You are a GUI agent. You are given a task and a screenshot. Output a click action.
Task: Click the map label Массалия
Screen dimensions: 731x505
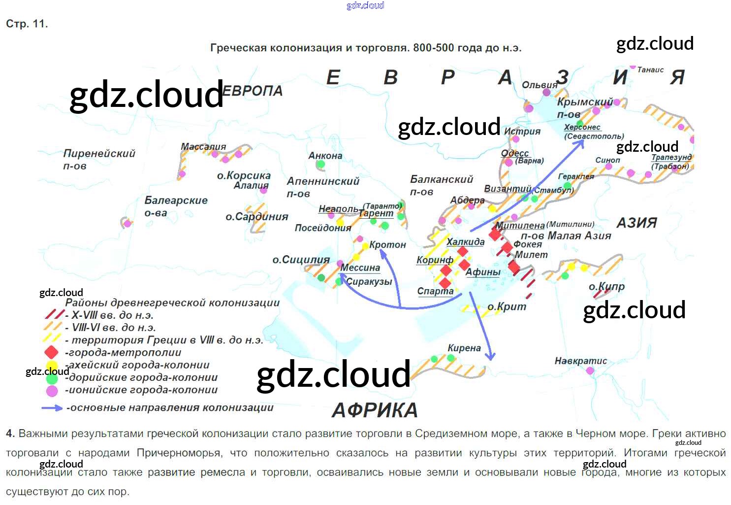click(x=203, y=146)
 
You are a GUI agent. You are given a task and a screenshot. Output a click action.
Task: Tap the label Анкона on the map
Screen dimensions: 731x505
click(x=325, y=156)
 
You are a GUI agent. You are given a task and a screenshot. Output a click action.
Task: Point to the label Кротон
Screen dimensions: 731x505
click(x=387, y=245)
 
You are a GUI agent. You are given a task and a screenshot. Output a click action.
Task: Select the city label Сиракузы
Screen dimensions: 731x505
click(x=369, y=282)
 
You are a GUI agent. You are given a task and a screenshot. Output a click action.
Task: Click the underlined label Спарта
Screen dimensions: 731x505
click(x=435, y=291)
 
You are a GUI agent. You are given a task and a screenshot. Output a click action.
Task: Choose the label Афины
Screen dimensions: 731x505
click(x=483, y=272)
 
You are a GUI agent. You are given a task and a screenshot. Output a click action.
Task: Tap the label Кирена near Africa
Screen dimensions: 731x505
click(x=464, y=348)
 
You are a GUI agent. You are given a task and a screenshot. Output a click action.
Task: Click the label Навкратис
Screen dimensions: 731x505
click(x=580, y=361)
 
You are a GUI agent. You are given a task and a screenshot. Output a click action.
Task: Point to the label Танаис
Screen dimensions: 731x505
click(x=650, y=70)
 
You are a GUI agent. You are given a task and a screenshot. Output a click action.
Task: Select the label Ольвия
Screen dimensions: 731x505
click(x=540, y=85)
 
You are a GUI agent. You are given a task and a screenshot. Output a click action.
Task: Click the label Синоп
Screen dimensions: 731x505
click(x=607, y=160)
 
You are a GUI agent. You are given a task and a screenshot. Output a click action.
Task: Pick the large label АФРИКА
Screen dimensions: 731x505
click(x=375, y=410)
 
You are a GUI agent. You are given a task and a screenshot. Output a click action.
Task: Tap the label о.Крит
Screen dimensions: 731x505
click(x=507, y=307)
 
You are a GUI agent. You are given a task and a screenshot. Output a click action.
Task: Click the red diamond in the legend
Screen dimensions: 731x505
click(x=52, y=352)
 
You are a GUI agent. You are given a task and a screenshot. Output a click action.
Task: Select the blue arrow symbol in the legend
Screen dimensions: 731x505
click(x=52, y=408)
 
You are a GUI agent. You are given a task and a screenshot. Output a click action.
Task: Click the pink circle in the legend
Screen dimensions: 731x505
click(x=52, y=391)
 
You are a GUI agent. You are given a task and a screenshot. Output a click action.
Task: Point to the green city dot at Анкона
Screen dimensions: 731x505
click(x=320, y=164)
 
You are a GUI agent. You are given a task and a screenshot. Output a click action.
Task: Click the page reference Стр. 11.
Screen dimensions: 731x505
click(x=27, y=24)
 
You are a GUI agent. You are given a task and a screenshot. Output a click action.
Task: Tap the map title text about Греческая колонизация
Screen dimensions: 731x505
click(x=365, y=48)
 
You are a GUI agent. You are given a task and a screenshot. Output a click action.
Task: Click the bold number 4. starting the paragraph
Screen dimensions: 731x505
click(x=10, y=434)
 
